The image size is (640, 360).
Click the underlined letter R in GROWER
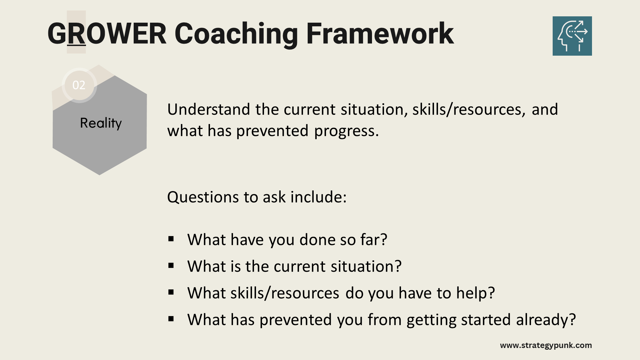76,33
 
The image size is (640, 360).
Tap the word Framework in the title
380,33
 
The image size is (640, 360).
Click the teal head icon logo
572,36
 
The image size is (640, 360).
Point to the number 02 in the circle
79,85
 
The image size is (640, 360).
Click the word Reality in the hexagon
101,123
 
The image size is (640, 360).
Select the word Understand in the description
209,109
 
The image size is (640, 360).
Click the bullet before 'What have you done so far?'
171,239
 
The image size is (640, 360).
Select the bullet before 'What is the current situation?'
171,265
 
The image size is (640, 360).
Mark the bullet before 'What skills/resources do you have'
171,292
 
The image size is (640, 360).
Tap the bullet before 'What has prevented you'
171,319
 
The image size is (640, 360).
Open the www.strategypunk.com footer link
546,345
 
